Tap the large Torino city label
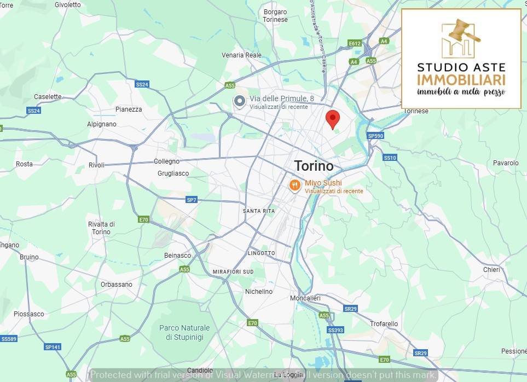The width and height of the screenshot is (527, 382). click(x=314, y=166)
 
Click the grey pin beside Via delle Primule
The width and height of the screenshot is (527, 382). click(x=239, y=102)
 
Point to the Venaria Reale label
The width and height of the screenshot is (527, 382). click(x=242, y=55)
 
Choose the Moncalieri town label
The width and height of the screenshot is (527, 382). click(x=305, y=298)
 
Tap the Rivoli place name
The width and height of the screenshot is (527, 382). click(x=96, y=165)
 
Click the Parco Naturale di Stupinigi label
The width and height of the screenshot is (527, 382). click(x=184, y=333)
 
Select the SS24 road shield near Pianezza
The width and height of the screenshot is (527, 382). click(x=142, y=84)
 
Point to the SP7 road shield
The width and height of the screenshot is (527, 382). click(x=191, y=200)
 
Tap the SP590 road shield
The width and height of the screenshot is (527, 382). click(x=376, y=136)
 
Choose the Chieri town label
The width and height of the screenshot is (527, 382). click(x=491, y=269)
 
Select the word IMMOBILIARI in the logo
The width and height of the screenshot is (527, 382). click(x=461, y=80)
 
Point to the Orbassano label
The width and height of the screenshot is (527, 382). click(x=117, y=285)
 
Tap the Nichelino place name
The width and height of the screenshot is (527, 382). click(x=259, y=292)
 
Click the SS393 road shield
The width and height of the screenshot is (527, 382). click(x=335, y=330)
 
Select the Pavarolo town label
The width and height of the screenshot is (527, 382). click(x=505, y=163)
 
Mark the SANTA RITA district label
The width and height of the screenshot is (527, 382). click(x=259, y=211)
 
